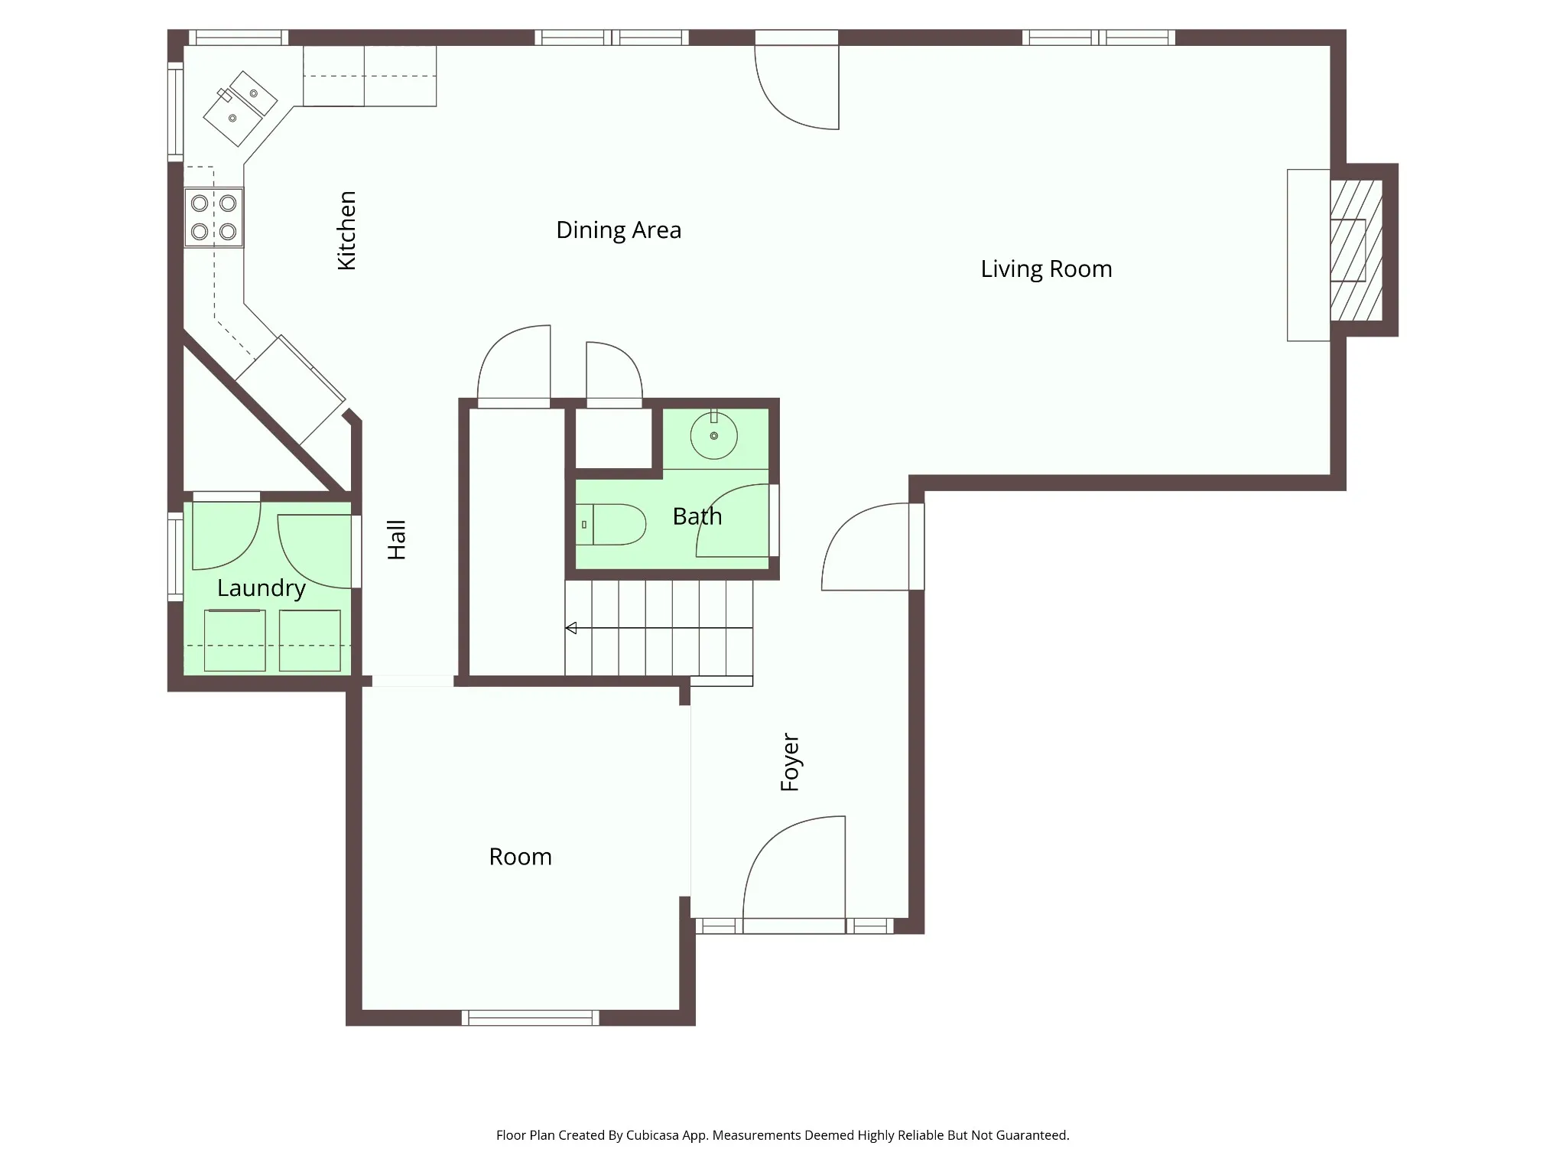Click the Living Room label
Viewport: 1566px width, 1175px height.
click(x=1046, y=269)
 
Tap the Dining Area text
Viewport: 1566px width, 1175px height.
click(x=619, y=230)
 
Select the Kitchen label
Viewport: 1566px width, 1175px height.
click(x=346, y=230)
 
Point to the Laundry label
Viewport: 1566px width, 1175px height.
click(x=262, y=588)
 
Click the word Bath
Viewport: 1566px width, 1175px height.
click(x=697, y=516)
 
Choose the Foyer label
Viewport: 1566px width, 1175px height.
click(x=790, y=763)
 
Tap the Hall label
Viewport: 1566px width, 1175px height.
click(x=396, y=540)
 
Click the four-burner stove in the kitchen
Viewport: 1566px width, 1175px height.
click(x=214, y=217)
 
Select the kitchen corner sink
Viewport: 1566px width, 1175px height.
click(x=240, y=109)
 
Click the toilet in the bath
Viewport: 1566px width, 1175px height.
click(x=610, y=524)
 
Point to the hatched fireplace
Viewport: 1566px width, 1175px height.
click(x=1356, y=250)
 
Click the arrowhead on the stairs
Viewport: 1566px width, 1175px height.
click(x=570, y=628)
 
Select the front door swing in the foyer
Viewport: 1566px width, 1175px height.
click(x=794, y=867)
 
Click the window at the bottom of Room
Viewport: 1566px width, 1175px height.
click(x=530, y=1017)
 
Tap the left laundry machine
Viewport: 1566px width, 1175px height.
click(x=235, y=640)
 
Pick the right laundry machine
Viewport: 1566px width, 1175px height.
click(x=310, y=640)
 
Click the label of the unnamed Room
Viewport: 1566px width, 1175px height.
click(x=521, y=857)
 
